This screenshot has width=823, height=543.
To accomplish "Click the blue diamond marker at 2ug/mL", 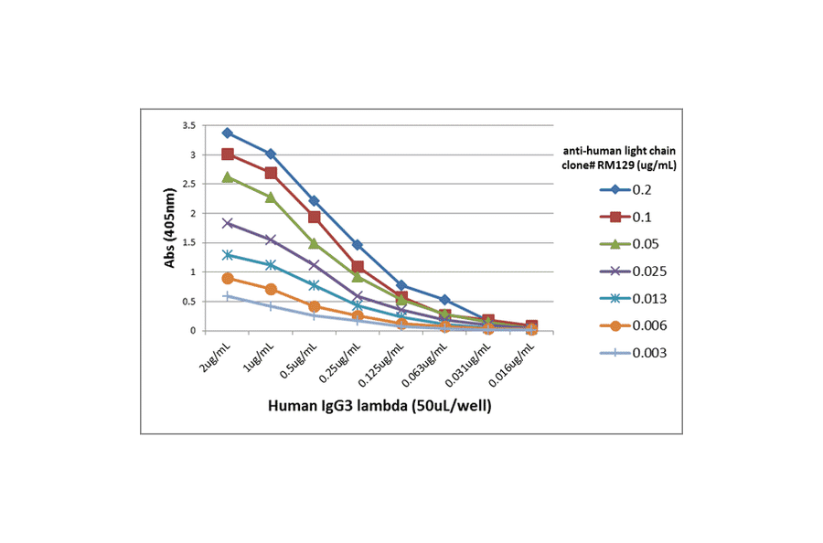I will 227,133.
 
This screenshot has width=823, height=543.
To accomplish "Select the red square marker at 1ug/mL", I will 271,173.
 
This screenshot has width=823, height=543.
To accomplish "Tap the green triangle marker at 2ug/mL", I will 227,176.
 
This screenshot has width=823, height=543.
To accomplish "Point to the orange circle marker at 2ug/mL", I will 227,278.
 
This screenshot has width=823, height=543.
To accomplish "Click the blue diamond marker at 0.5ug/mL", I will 314,201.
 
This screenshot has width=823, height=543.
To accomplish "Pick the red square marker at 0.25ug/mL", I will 358,267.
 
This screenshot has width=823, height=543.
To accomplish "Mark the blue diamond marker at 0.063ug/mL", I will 444,300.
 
